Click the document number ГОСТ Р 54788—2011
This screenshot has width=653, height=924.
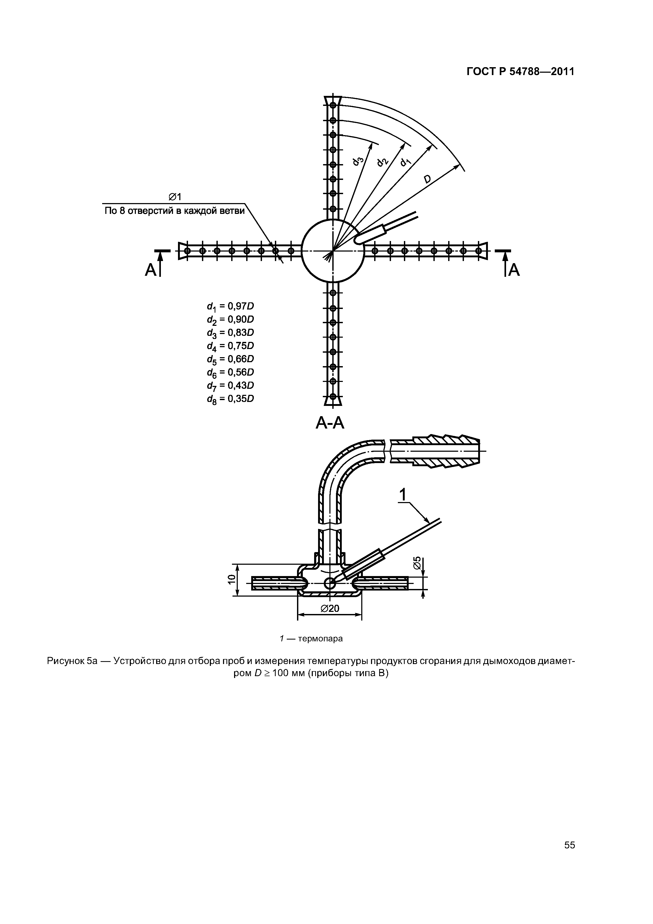point(520,72)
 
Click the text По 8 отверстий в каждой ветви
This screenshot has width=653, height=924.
point(174,211)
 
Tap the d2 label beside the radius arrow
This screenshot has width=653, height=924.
point(382,161)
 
